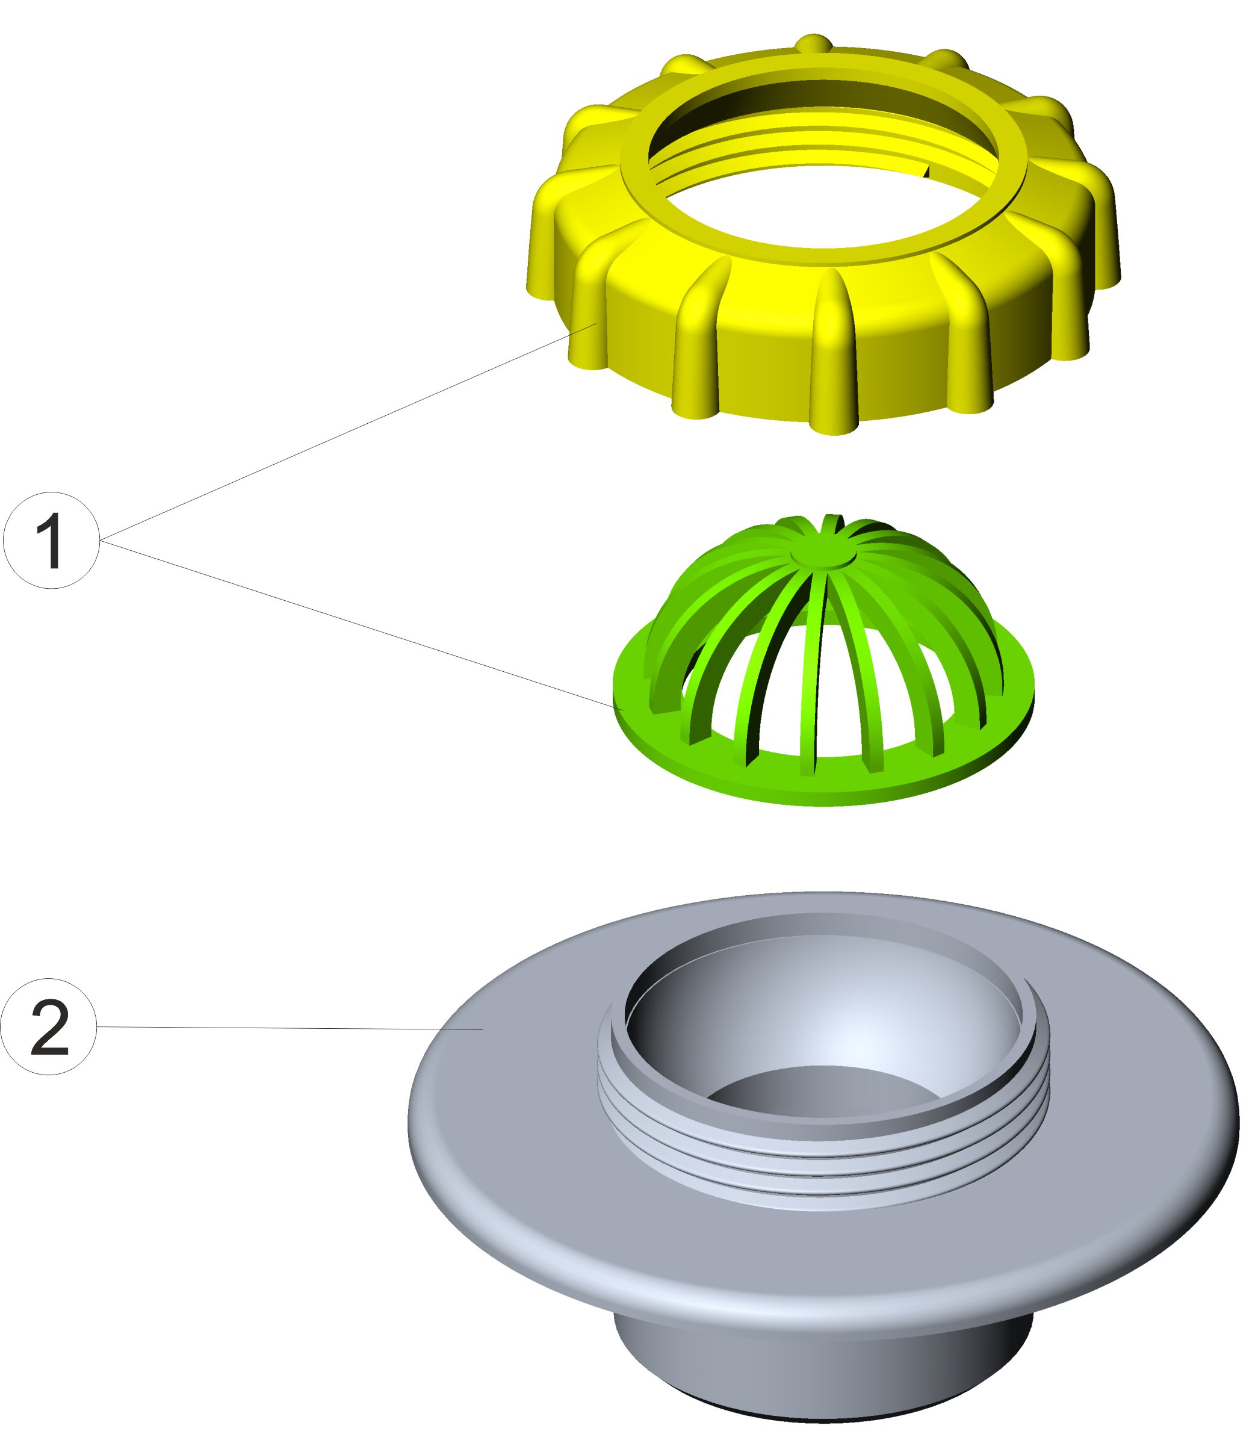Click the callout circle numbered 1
pos(51,541)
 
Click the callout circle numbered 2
pos(48,1026)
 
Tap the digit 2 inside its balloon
pos(49,1028)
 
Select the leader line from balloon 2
pos(281,1028)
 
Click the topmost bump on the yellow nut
pos(814,42)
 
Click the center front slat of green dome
pos(814,674)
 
